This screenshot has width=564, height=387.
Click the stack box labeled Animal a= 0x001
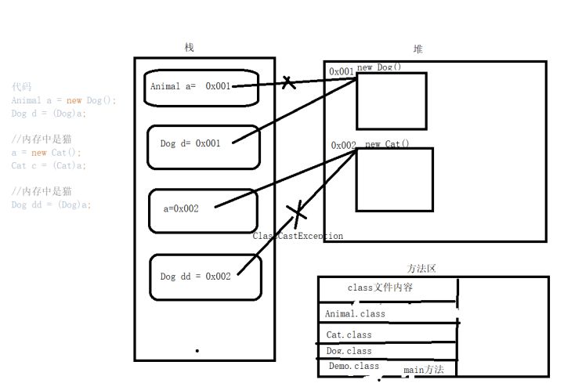click(x=201, y=88)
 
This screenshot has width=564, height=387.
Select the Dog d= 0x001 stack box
click(x=203, y=146)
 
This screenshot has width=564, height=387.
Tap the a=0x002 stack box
click(x=203, y=209)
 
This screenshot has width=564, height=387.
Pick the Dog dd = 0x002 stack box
click(x=203, y=277)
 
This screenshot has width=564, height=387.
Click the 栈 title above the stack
click(x=189, y=48)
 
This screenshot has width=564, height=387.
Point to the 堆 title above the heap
click(x=418, y=49)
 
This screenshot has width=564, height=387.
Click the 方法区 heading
click(x=421, y=268)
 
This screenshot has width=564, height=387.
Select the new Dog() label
click(x=379, y=67)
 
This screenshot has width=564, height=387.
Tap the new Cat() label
click(x=387, y=144)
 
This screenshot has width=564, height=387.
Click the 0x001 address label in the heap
click(x=342, y=71)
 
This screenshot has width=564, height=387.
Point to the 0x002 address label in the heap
click(x=344, y=145)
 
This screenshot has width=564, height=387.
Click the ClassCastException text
click(x=298, y=236)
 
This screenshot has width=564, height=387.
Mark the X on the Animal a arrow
click(x=289, y=81)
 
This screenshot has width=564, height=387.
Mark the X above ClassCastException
click(x=296, y=211)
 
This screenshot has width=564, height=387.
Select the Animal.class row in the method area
click(x=356, y=313)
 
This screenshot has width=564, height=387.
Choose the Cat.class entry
click(x=349, y=335)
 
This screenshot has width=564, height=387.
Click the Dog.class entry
click(x=349, y=351)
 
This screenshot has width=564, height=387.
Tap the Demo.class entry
click(x=353, y=366)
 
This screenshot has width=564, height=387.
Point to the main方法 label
click(x=424, y=370)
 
